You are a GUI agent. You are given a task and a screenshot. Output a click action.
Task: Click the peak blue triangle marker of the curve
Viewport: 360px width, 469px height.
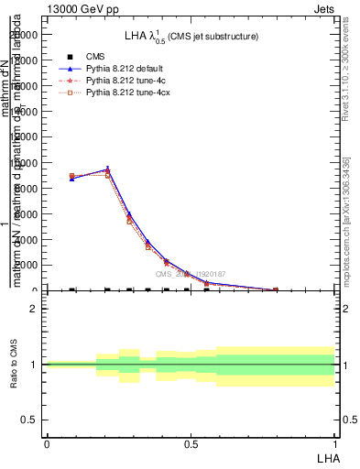[107, 169]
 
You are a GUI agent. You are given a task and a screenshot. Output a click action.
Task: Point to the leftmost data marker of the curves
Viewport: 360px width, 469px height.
[71, 177]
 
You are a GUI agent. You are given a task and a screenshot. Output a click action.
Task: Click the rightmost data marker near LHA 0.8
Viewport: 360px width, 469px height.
[276, 289]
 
